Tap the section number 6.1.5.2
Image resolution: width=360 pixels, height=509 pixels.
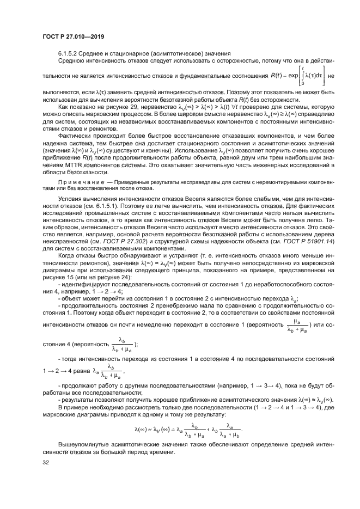coord(69,53)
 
